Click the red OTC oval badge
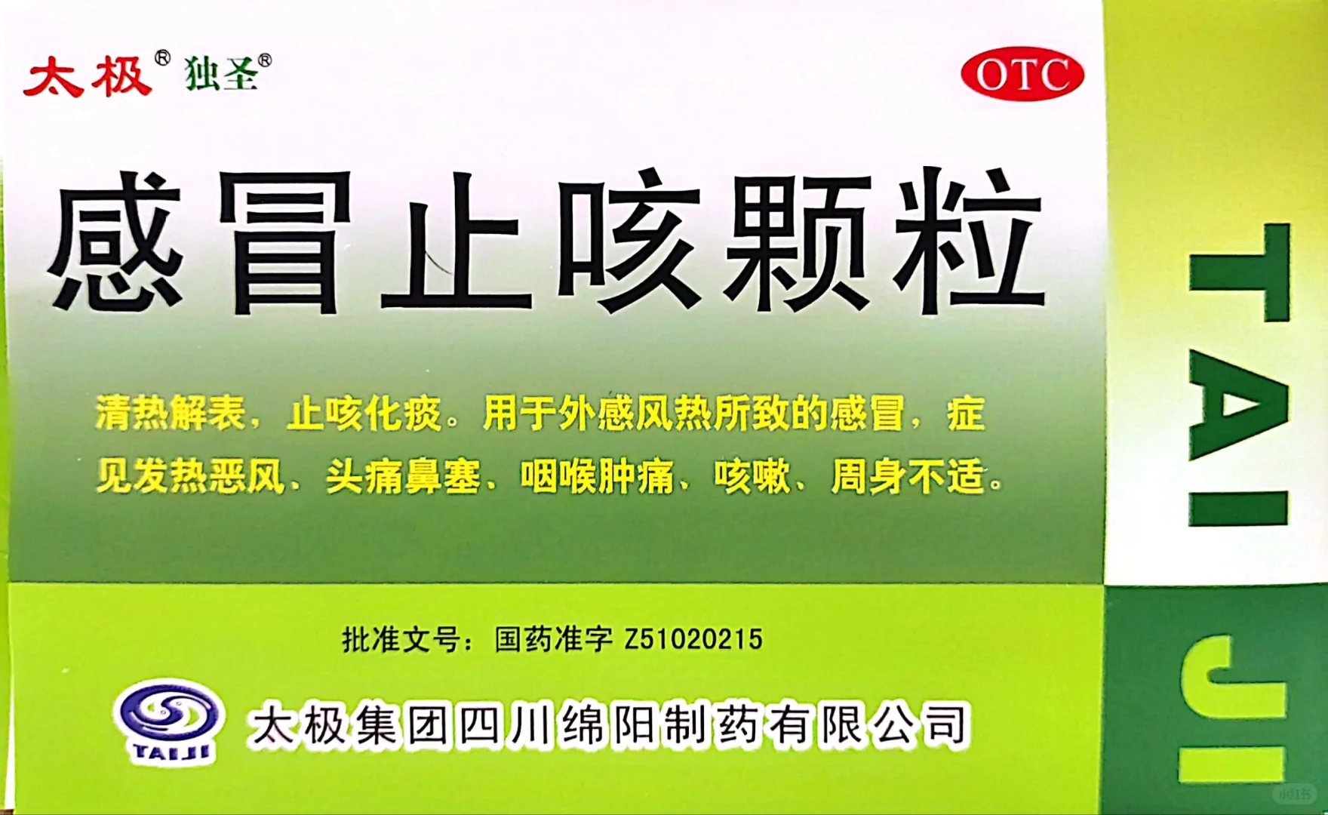1022,75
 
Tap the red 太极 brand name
87,78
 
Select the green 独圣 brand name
221,75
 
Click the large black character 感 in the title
117,241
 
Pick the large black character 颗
798,241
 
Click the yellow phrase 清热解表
171,414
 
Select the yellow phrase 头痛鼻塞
403,477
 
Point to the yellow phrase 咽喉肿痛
597,477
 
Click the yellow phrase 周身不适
908,477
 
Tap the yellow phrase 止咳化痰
364,414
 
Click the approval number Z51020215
693,640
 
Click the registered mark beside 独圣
264,60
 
